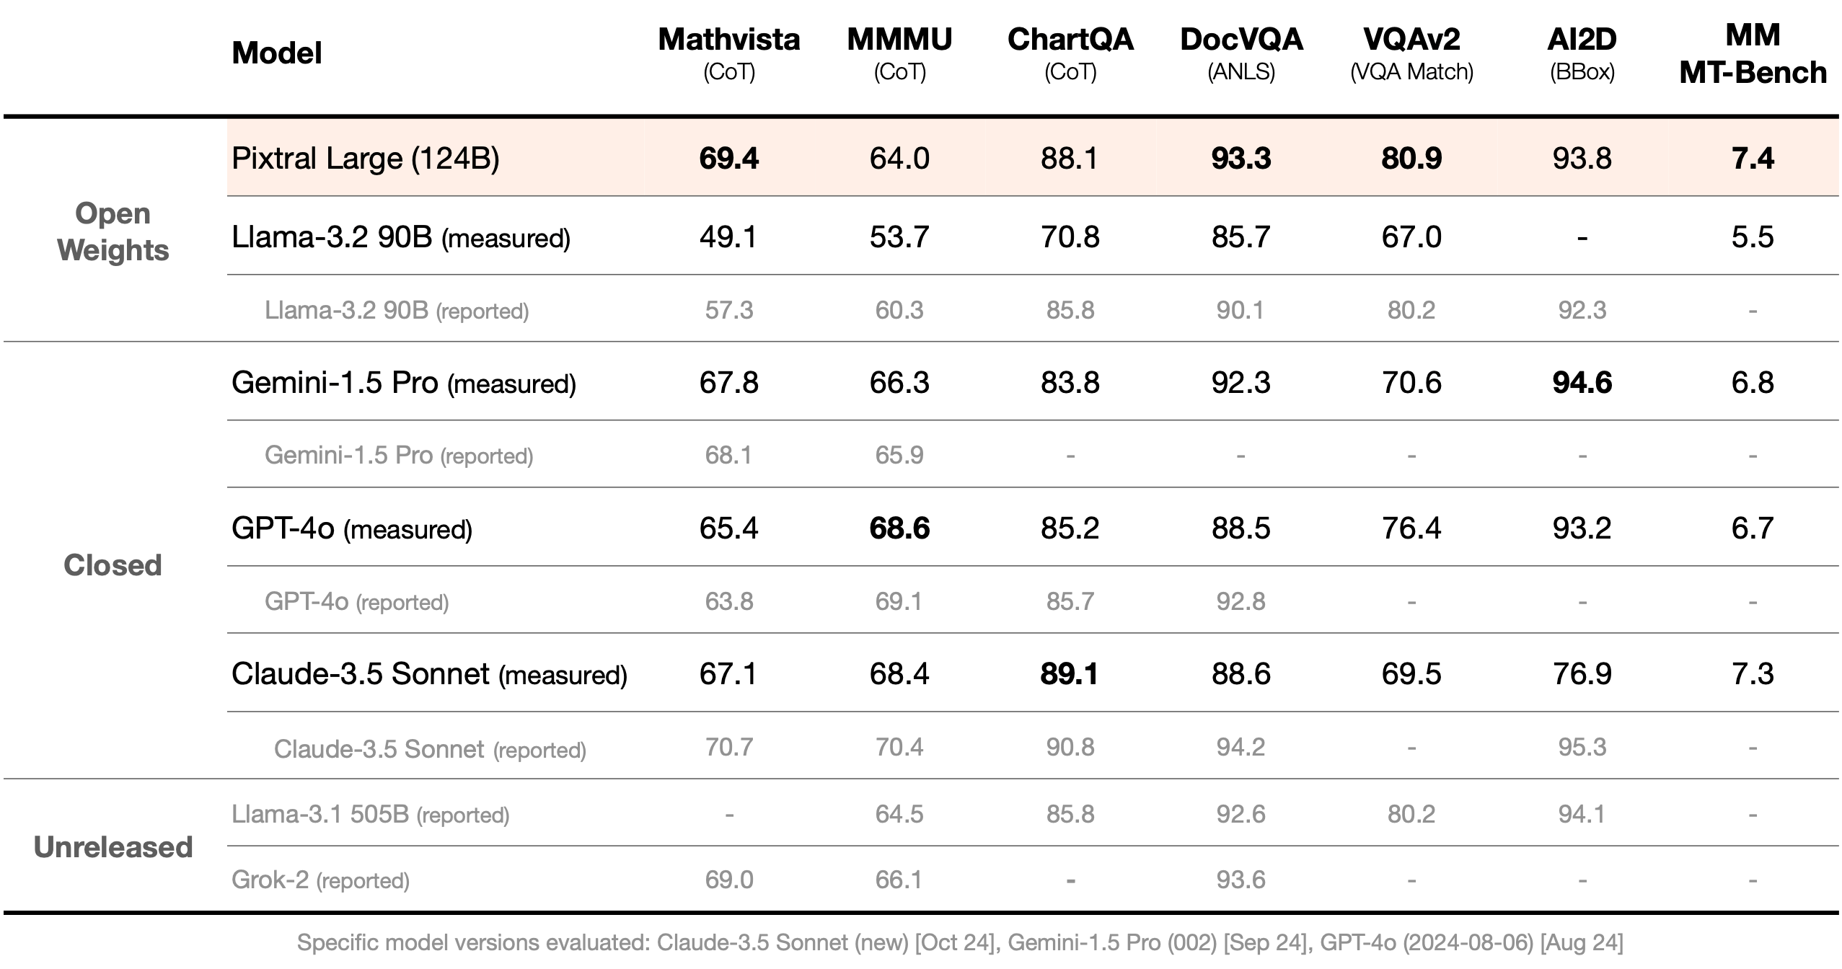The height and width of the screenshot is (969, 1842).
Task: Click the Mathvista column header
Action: (x=728, y=40)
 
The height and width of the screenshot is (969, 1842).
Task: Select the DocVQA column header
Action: (x=1241, y=40)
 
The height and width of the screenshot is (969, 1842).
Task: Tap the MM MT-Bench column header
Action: (x=1753, y=54)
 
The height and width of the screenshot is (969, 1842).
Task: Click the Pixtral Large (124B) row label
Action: (x=365, y=159)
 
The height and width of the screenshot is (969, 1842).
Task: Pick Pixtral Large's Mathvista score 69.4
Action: (x=728, y=159)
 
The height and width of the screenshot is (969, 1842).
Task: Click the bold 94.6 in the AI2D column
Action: (x=1582, y=383)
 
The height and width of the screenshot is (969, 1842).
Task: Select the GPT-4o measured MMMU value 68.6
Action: (x=899, y=528)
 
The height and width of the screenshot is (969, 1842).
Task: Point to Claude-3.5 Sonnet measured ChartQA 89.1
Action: (x=1070, y=674)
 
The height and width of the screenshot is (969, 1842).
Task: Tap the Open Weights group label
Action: (x=113, y=231)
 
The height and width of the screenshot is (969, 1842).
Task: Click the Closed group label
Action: (x=113, y=565)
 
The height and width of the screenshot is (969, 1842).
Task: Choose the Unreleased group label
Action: (x=113, y=847)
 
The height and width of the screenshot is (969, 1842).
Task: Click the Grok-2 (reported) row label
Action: (x=320, y=880)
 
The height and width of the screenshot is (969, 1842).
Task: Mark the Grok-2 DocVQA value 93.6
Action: (x=1241, y=880)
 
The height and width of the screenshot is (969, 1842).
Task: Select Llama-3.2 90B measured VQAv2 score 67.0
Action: (x=1411, y=237)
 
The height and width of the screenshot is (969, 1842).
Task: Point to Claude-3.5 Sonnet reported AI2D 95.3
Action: (x=1582, y=747)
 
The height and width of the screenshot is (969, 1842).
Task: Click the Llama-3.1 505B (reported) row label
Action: (x=370, y=815)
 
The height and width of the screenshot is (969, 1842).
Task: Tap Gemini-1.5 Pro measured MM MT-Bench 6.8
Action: (x=1753, y=383)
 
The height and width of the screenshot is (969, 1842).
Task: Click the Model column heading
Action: (x=276, y=53)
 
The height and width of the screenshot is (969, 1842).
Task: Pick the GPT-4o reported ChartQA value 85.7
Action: (x=1070, y=601)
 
